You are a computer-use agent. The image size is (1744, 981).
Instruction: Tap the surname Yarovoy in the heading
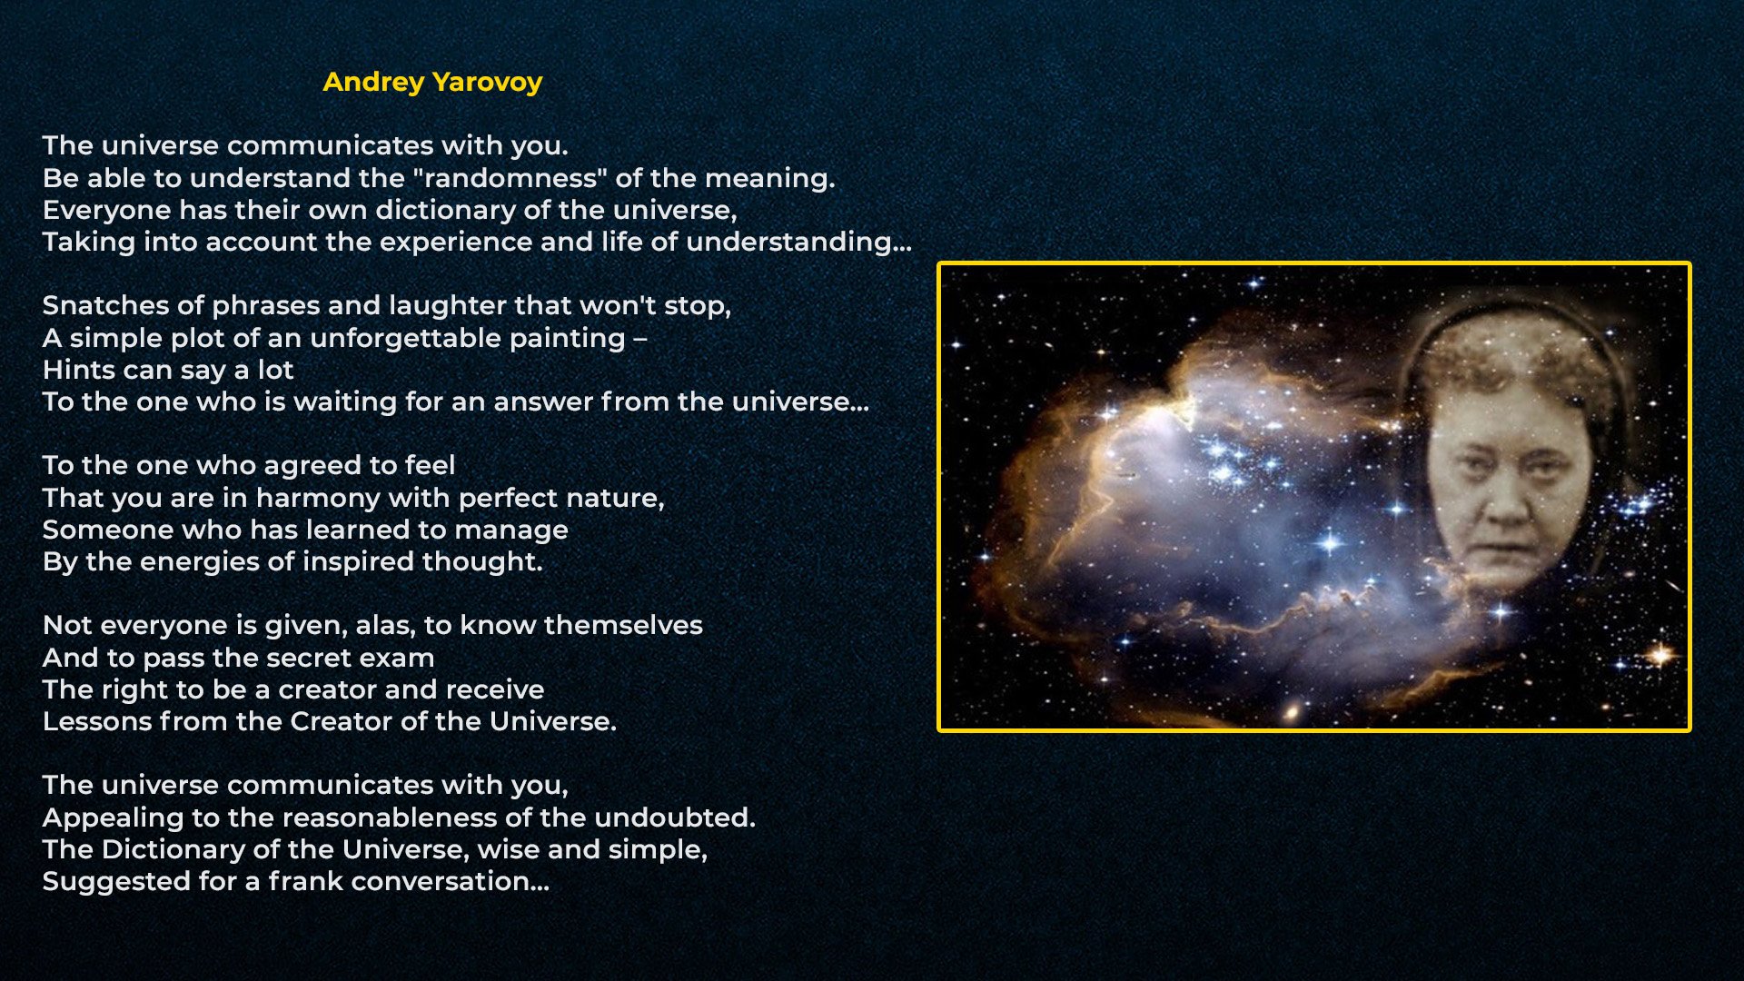coord(488,83)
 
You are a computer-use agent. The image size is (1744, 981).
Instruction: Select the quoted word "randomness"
coord(515,177)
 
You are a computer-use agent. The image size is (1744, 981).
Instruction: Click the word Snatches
coord(98,305)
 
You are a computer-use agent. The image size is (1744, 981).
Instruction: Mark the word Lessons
coord(97,721)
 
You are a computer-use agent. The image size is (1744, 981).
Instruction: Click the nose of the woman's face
coord(1504,504)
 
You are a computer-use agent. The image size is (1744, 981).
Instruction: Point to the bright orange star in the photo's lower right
coord(1661,654)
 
